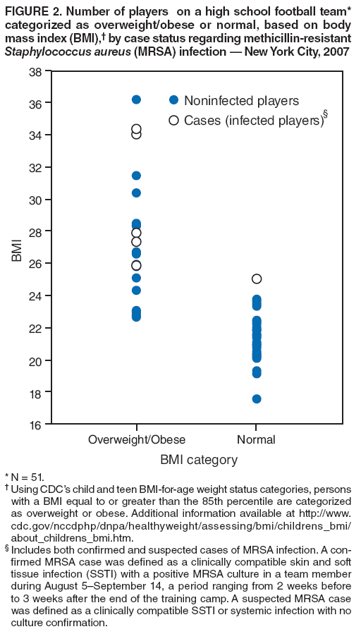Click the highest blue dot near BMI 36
tap(136, 99)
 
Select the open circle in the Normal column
tap(257, 279)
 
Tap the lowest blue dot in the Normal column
tap(257, 398)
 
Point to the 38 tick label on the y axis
tap(35, 71)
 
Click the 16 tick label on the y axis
tap(35, 425)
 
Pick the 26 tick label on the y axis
tap(35, 264)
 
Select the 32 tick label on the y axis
tap(35, 168)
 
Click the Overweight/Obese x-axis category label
tap(136, 440)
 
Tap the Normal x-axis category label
tap(257, 440)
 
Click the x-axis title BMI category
tap(199, 461)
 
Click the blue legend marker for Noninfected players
tap(173, 101)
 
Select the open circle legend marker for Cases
tap(173, 121)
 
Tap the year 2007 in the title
tap(335, 51)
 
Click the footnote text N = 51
tap(27, 478)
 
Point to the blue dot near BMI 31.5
tap(136, 176)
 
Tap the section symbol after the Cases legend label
tap(325, 114)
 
